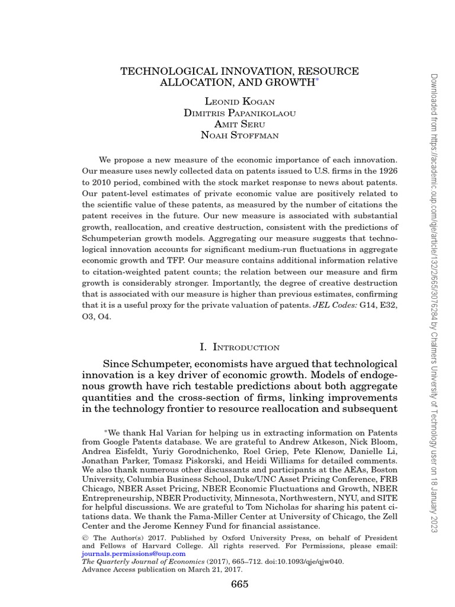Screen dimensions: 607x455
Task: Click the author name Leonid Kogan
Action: coord(239,102)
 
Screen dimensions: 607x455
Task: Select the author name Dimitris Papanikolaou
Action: coord(239,113)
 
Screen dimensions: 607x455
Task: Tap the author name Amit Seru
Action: coord(239,123)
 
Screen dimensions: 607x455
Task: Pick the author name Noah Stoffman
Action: coord(239,135)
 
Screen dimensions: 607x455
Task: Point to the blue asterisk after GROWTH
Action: coord(317,81)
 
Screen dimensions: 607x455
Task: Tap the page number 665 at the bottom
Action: coord(239,584)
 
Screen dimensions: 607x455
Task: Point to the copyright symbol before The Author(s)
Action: coord(84,538)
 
